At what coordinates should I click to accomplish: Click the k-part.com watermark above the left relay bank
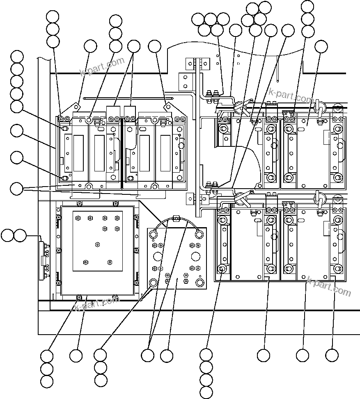click(x=102, y=67)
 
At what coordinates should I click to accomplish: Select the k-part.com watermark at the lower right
click(x=329, y=286)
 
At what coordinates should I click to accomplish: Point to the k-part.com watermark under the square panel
click(x=97, y=303)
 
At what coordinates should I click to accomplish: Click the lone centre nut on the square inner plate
click(x=97, y=244)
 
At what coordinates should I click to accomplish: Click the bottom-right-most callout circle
click(x=332, y=355)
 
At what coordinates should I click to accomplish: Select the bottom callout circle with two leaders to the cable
click(x=148, y=355)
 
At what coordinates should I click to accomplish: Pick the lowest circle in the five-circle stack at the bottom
click(x=206, y=391)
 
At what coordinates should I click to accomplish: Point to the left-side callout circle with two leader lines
click(x=17, y=189)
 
